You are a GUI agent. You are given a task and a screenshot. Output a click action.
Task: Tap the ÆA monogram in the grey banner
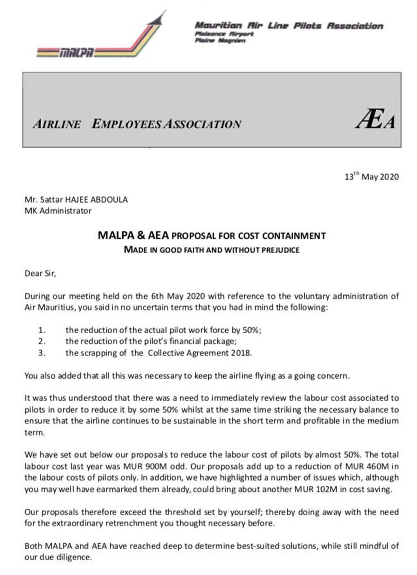(x=375, y=119)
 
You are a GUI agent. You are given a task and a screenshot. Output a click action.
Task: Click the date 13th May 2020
(x=371, y=176)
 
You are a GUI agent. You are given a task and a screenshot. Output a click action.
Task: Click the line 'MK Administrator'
(x=58, y=211)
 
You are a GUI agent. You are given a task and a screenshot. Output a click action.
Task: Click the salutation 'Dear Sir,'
(x=40, y=273)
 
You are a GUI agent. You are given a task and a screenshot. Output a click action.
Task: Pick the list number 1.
(x=42, y=330)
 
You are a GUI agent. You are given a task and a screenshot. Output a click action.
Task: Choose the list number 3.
(x=42, y=353)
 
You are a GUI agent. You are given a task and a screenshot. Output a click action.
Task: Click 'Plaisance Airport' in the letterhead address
(x=224, y=34)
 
